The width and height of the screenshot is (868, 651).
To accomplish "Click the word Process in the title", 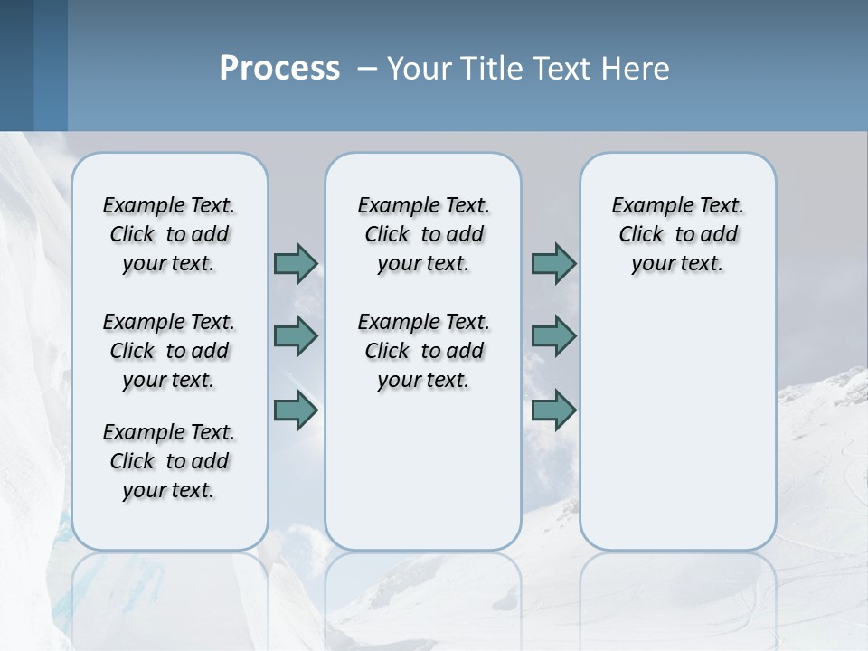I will [279, 68].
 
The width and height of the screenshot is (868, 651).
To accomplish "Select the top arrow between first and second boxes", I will [296, 263].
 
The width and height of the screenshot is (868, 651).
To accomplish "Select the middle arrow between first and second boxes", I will [296, 336].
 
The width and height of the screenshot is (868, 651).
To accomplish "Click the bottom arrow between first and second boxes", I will [296, 410].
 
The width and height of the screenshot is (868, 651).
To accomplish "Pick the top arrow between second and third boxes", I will [553, 263].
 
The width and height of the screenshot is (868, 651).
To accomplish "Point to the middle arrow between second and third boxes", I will [553, 336].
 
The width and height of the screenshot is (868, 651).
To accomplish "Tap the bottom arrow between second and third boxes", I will [553, 410].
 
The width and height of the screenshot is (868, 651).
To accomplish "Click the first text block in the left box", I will [169, 234].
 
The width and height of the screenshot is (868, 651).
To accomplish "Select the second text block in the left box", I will [169, 351].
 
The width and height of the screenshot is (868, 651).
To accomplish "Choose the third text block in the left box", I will [169, 461].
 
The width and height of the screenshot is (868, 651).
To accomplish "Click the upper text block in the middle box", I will [423, 234].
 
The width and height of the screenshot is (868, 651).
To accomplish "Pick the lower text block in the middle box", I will [423, 351].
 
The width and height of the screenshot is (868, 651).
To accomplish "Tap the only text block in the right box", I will [677, 234].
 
